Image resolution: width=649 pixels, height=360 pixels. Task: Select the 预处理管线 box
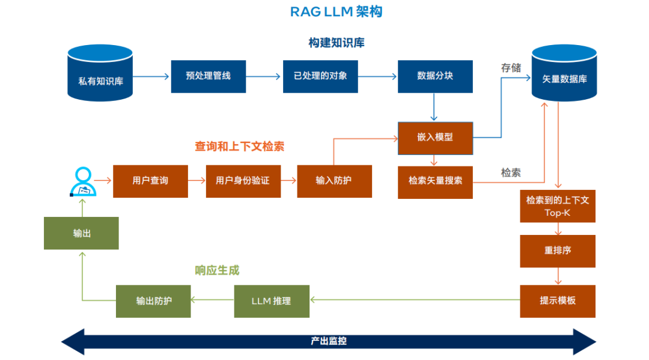pos(208,76)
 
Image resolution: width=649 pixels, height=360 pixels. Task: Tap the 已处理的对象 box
pos(320,76)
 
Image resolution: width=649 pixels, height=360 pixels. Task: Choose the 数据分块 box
pos(435,76)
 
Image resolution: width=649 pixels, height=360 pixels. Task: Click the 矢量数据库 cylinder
pos(564,75)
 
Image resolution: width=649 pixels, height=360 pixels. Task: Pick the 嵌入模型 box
pos(435,138)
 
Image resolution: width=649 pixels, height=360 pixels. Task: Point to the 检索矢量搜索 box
pos(435,180)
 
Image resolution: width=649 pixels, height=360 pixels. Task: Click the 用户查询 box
pos(150,180)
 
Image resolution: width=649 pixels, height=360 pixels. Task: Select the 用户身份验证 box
pos(243,180)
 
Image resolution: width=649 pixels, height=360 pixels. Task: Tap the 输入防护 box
pos(334,180)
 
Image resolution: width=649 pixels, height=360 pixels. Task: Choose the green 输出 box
pos(82,233)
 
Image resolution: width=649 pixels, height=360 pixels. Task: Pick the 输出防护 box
pos(153,301)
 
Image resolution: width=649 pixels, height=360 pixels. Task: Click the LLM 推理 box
pos(272,301)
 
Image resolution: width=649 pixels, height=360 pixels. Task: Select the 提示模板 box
pos(558,301)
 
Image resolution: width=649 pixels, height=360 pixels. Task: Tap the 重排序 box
pos(558,251)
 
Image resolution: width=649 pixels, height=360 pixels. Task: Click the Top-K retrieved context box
pos(558,206)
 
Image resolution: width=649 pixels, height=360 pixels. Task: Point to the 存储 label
pos(511,68)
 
